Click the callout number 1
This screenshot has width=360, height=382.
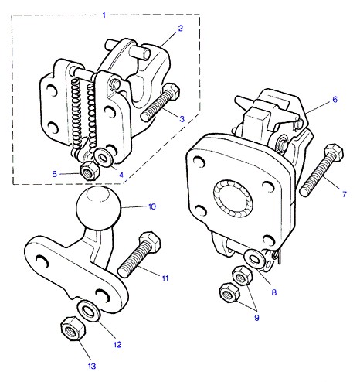click(104, 15)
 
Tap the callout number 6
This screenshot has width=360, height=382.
click(335, 99)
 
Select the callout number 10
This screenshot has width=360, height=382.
click(152, 206)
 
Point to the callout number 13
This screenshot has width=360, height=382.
click(92, 366)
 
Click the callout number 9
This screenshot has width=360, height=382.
click(256, 318)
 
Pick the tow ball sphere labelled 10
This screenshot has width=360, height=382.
click(99, 208)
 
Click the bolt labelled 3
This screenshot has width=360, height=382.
click(160, 102)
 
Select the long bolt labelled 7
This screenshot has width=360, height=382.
click(321, 170)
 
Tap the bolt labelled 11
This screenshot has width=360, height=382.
click(139, 254)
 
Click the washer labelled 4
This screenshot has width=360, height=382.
click(103, 158)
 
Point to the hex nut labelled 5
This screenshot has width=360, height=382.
click(90, 171)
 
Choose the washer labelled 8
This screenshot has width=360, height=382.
click(254, 258)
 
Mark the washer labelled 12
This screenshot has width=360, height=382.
click(89, 311)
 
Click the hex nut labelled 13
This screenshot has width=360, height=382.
click(73, 329)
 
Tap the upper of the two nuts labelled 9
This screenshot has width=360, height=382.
click(243, 275)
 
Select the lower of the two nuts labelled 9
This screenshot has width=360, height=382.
click(229, 293)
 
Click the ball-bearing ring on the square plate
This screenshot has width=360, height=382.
click(233, 198)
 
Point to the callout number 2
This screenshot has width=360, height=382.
click(180, 29)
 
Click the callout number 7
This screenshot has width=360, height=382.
click(345, 194)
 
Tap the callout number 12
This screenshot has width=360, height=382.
click(117, 344)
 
